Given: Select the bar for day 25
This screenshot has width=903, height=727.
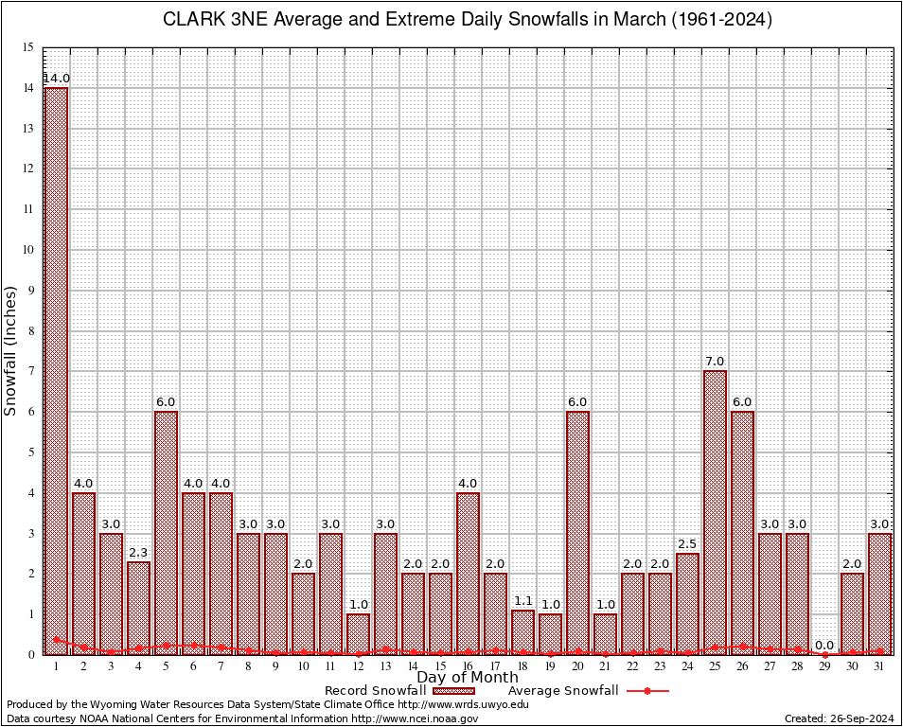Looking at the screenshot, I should [715, 511].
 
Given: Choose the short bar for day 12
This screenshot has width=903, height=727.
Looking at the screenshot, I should [358, 633].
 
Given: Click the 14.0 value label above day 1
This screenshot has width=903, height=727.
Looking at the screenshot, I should [56, 78].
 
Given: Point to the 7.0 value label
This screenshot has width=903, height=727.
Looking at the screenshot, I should [715, 361].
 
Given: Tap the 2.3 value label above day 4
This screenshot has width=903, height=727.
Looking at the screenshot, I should [138, 552].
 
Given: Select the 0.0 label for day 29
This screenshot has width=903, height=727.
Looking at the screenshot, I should [824, 645].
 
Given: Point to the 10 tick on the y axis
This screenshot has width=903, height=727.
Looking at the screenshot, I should [28, 250].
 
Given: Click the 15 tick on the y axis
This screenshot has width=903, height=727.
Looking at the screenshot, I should [28, 47].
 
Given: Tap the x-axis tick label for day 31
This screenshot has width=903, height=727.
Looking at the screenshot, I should [879, 666].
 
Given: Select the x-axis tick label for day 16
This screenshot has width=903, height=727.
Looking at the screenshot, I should [468, 666].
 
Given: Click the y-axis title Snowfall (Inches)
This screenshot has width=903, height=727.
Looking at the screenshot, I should [11, 350].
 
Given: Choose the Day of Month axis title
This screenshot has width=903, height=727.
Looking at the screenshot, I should [468, 678].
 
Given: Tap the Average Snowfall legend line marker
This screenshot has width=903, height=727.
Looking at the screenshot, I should [646, 691].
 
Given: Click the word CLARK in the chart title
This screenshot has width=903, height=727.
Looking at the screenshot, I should [194, 20].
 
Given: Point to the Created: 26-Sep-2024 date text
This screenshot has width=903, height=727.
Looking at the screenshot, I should [839, 719].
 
